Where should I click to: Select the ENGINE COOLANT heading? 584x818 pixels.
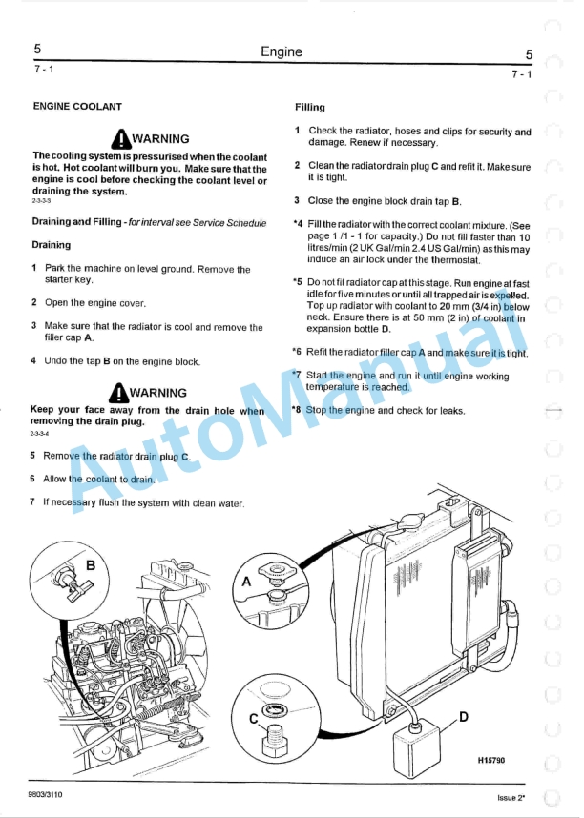(77, 107)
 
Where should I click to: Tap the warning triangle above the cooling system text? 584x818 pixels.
(119, 138)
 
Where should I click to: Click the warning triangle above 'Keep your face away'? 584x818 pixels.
(119, 392)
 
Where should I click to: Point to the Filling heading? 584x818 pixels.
(310, 108)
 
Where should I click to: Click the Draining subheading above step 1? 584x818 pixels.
(52, 245)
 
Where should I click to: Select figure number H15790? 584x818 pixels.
(490, 760)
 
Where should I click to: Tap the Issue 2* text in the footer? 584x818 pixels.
(511, 797)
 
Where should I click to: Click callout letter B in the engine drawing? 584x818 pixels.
(92, 565)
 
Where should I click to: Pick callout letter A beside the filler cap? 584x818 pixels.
(247, 581)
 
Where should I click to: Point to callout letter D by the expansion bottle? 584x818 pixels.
(464, 716)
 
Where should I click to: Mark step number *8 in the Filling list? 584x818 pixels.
(297, 410)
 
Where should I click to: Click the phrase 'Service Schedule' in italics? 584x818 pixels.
(229, 223)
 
